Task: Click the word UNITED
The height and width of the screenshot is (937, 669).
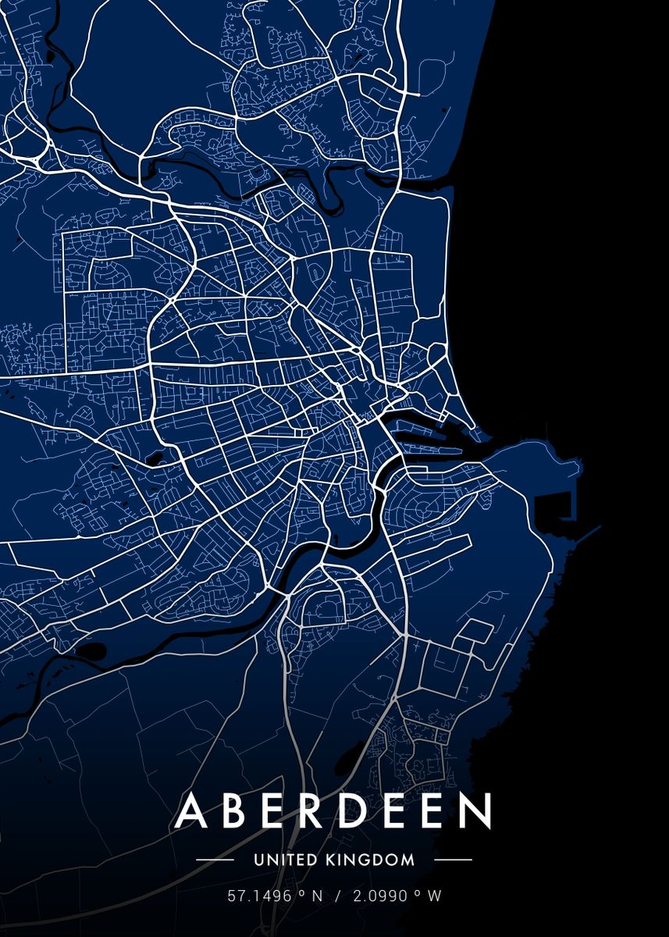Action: [x=286, y=860]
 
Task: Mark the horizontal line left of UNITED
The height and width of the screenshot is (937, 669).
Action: [x=215, y=860]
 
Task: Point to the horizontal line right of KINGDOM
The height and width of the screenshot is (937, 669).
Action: [x=452, y=860]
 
